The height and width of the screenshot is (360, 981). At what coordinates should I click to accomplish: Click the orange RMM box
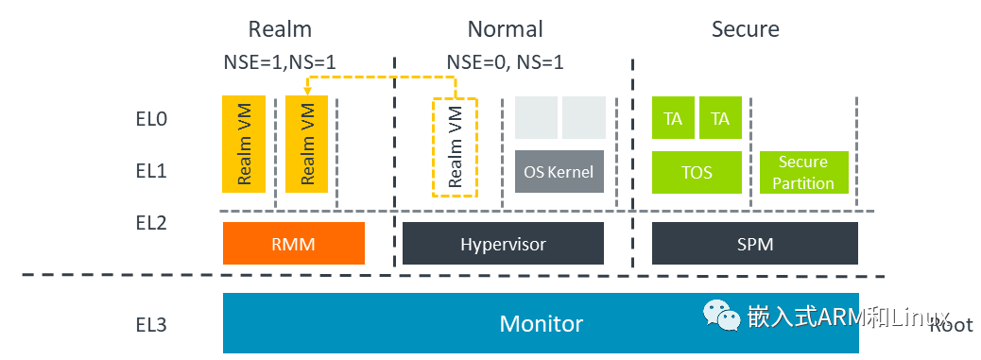click(x=294, y=244)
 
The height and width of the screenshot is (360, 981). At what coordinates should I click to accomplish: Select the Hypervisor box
click(x=503, y=244)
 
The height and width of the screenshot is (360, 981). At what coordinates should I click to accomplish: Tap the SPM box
click(x=754, y=244)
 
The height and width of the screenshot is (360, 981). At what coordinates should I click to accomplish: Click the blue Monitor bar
click(x=541, y=323)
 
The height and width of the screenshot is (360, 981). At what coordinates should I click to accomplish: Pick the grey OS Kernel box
click(x=559, y=172)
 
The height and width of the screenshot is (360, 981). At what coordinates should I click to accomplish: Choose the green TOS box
click(x=697, y=173)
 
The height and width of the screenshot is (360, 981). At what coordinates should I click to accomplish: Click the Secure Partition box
click(x=803, y=173)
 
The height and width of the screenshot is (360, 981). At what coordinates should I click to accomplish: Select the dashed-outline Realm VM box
click(x=455, y=146)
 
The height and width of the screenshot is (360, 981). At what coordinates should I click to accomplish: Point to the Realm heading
click(x=280, y=29)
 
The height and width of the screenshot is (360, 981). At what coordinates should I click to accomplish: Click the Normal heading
click(x=505, y=29)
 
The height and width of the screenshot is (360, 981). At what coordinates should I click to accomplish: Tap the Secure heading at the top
click(x=745, y=29)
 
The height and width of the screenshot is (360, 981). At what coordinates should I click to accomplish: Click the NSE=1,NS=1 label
click(x=280, y=62)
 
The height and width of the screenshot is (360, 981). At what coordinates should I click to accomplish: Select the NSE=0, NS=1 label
click(x=505, y=62)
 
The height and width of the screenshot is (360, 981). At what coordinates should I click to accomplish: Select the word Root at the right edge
click(x=950, y=325)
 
